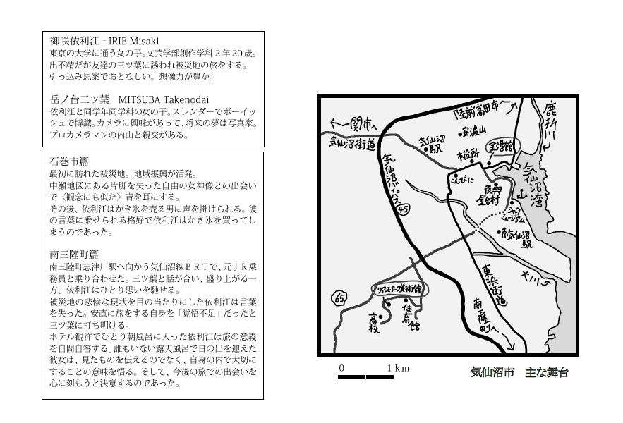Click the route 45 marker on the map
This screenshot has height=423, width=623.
(x=403, y=209)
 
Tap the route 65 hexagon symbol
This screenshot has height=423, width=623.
(x=339, y=298)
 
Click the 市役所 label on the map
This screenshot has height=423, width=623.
(x=468, y=155)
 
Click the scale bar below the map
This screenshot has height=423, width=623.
(x=365, y=377)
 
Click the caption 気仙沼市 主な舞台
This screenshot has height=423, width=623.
(x=519, y=372)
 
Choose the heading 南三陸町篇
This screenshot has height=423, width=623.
(x=74, y=255)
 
